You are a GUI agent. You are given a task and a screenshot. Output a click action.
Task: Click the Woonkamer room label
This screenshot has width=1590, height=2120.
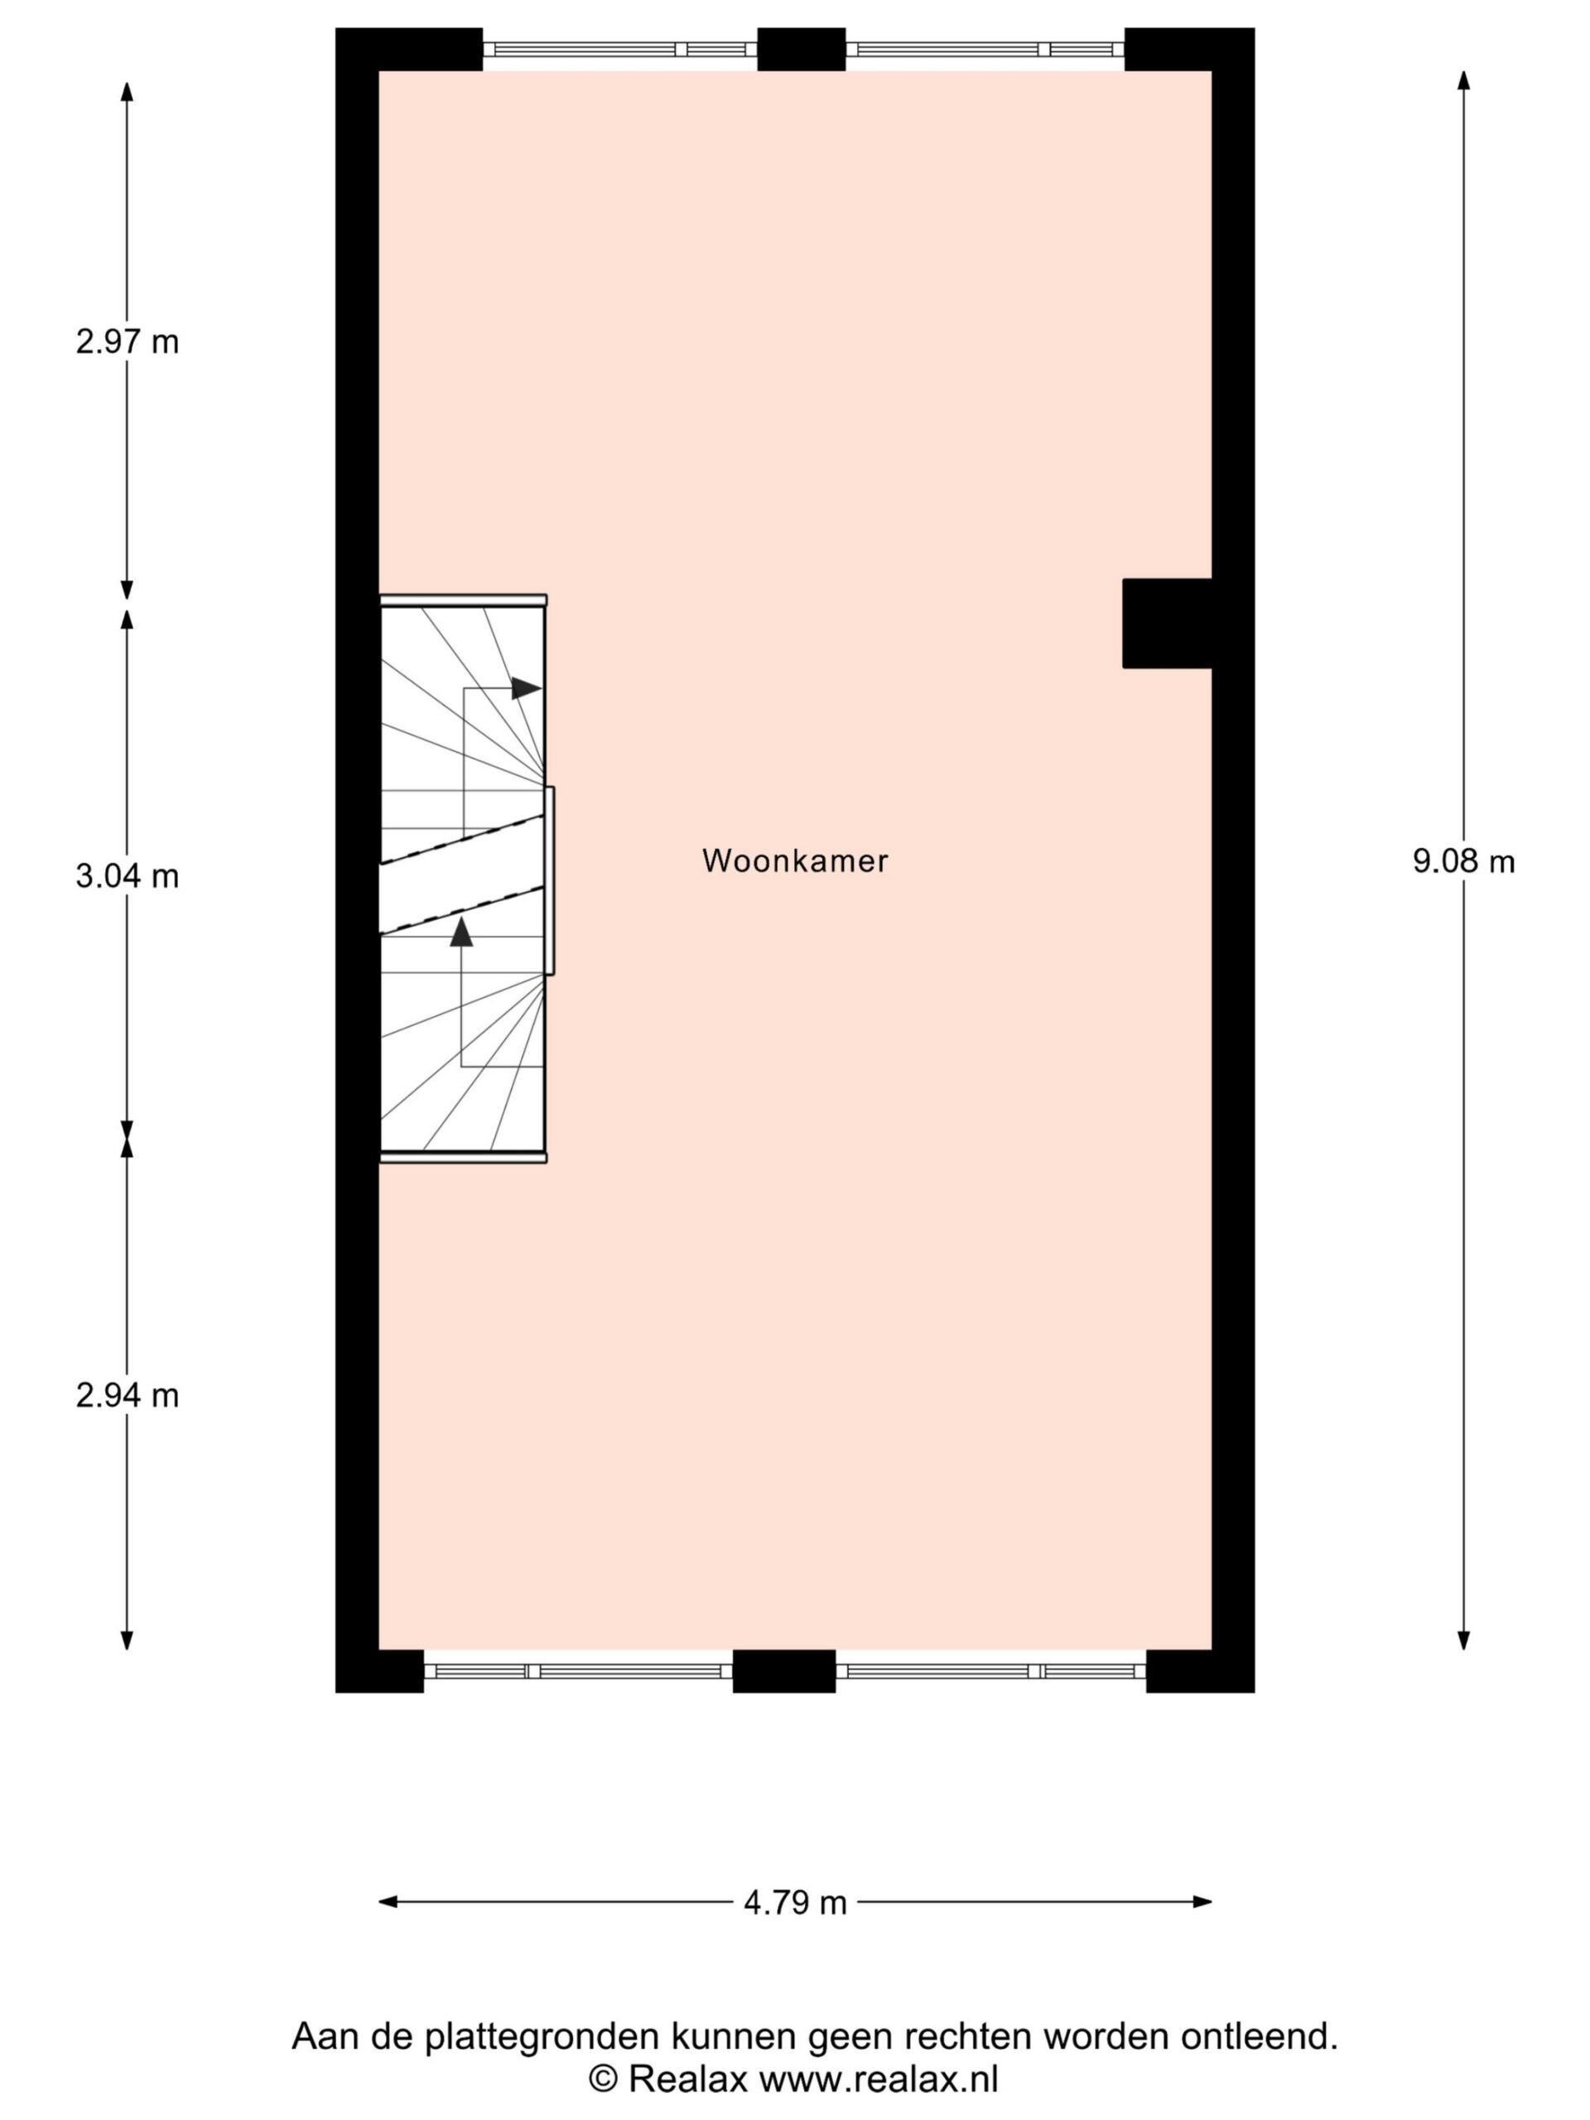click(x=794, y=860)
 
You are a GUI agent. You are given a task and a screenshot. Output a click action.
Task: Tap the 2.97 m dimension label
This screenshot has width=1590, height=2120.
click(x=128, y=341)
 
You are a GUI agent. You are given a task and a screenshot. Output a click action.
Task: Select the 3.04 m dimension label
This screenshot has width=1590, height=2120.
click(x=128, y=876)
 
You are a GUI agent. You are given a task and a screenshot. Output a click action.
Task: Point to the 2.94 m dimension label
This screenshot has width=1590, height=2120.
click(x=128, y=1395)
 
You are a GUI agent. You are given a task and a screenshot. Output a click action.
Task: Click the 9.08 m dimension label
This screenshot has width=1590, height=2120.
click(x=1463, y=861)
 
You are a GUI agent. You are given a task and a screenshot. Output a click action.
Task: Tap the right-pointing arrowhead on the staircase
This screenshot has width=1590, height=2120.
click(x=526, y=688)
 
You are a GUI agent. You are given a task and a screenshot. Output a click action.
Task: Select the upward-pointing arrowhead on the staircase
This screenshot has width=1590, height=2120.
click(x=462, y=932)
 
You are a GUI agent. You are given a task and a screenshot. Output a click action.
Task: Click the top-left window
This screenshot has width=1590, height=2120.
click(x=620, y=50)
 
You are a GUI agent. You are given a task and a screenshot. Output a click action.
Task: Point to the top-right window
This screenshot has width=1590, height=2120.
click(x=985, y=50)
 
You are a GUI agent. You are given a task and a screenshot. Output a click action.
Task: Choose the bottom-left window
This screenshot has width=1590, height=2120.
click(x=578, y=1671)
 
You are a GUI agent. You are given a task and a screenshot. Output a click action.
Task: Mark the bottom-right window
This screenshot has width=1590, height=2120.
click(x=991, y=1671)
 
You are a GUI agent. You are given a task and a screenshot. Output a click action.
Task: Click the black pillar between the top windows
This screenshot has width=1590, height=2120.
click(x=802, y=49)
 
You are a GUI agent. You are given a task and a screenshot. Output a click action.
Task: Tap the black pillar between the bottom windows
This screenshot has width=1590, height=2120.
click(x=784, y=1671)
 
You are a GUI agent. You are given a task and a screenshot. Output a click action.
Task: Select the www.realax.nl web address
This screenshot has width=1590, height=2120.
click(x=879, y=2079)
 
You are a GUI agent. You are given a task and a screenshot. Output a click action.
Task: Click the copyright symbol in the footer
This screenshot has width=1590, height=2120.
click(x=603, y=2079)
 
